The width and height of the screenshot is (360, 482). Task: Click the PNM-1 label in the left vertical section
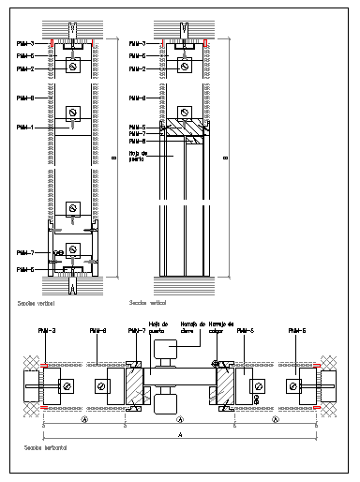[25, 127]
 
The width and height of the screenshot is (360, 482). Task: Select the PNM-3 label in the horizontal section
[47, 330]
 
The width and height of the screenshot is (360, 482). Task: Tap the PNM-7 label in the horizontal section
[125, 330]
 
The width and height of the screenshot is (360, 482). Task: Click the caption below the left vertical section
[36, 304]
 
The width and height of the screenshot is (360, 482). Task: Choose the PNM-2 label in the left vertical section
[25, 69]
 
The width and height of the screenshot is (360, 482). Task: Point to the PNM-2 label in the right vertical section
[137, 69]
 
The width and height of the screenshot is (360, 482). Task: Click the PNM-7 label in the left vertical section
[25, 253]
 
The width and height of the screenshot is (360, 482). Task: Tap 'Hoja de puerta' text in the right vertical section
[138, 155]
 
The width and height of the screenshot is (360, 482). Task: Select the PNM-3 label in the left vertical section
[25, 44]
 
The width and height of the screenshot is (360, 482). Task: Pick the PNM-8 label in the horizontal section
[97, 330]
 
